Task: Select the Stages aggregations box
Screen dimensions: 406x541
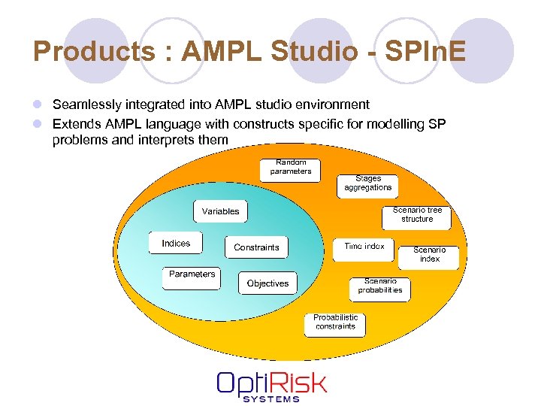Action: [x=368, y=183]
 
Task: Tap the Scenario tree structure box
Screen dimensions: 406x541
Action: [x=417, y=215]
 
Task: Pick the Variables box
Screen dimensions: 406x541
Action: [x=221, y=211]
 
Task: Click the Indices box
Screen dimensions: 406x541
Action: [x=176, y=244]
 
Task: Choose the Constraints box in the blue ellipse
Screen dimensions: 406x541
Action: [x=256, y=247]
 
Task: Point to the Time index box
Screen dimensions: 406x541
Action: [x=364, y=247]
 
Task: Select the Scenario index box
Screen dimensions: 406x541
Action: [x=430, y=255]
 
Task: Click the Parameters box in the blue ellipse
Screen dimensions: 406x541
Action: [x=192, y=274]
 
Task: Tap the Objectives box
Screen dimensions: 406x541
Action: [x=267, y=283]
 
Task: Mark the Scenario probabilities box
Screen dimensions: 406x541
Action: [x=380, y=286]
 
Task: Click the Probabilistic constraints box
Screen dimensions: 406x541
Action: [x=336, y=323]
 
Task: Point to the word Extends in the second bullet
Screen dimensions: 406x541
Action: [x=77, y=123]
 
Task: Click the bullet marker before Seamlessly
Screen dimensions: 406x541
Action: [x=37, y=105]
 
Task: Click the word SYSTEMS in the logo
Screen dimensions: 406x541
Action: [x=271, y=398]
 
